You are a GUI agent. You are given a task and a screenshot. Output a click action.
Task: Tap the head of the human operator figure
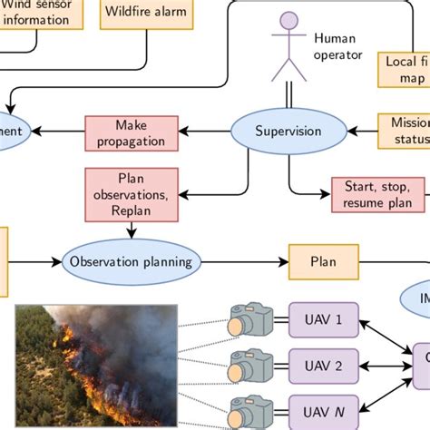pyautogui.click(x=288, y=21)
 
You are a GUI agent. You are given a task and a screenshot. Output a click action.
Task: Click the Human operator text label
pyautogui.click(x=337, y=46)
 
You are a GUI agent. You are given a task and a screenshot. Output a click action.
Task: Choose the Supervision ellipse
pyautogui.click(x=288, y=131)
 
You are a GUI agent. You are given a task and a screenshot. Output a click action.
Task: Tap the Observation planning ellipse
pyautogui.click(x=131, y=261)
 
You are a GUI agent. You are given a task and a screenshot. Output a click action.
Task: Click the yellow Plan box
pyautogui.click(x=323, y=261)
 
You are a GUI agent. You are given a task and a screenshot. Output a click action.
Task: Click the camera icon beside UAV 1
pyautogui.click(x=250, y=320)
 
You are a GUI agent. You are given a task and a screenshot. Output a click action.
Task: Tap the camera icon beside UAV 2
pyautogui.click(x=250, y=366)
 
